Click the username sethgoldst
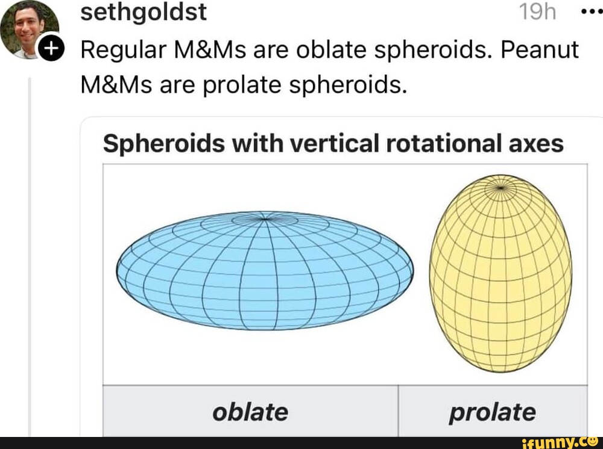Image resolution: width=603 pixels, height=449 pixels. point(144,12)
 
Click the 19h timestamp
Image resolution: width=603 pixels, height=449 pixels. point(538,12)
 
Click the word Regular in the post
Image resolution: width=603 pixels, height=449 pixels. point(124,50)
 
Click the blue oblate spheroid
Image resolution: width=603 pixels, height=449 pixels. point(265,271)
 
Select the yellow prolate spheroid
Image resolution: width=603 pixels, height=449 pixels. point(500,274)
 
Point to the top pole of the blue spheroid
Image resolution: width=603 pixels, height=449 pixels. point(265,218)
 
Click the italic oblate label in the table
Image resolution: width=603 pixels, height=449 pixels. point(250,412)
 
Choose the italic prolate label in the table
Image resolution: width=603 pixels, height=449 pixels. point(491,412)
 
